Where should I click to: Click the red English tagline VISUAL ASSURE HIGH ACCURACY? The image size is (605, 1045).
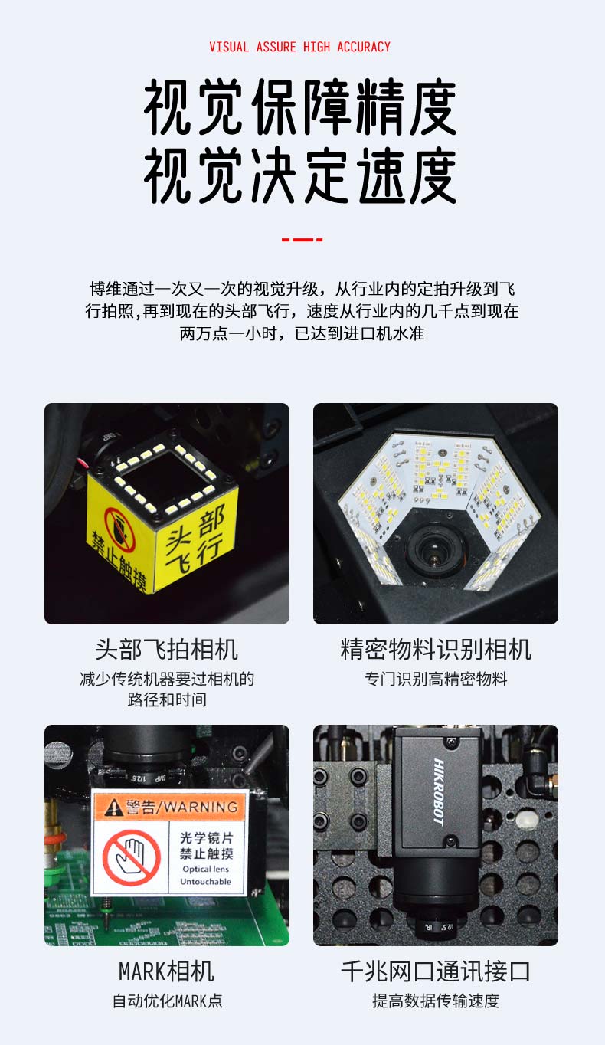299,47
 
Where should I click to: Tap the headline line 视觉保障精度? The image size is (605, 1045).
300,107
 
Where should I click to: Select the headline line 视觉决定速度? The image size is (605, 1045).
300,175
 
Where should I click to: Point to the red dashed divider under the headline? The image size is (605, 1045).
302,239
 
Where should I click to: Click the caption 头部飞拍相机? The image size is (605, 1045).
166,650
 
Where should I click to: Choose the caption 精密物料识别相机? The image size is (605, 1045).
436,650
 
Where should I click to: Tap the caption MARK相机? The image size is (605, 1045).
166,971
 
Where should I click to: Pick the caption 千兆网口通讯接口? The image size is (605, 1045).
436,971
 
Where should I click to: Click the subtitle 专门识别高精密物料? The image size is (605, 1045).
436,679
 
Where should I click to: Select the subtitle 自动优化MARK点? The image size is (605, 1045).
168,1001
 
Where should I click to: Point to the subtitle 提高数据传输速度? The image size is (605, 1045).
436,1001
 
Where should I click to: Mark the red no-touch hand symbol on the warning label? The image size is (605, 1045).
132,857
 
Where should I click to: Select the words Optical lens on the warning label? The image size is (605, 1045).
206,869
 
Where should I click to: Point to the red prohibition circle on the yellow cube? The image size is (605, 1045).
120,529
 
